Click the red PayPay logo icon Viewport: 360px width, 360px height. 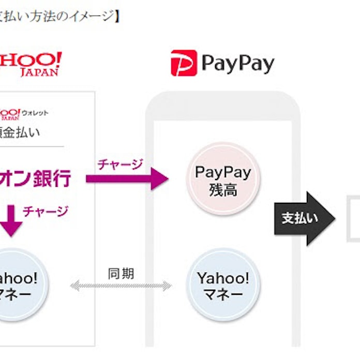[x=184, y=63]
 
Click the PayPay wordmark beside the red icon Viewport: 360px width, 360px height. [x=238, y=64]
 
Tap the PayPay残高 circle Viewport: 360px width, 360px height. [x=223, y=180]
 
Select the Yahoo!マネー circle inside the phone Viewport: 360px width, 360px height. [x=223, y=285]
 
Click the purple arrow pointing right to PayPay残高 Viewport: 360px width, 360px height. [x=127, y=179]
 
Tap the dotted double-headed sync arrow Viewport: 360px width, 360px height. [x=121, y=286]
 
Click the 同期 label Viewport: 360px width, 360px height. [x=121, y=273]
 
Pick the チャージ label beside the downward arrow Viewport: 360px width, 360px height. [x=46, y=211]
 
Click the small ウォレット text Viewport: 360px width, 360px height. [x=35, y=112]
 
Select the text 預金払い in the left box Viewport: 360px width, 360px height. [x=21, y=132]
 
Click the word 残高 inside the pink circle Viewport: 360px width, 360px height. [x=223, y=189]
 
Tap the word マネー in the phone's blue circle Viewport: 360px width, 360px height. [x=223, y=295]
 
